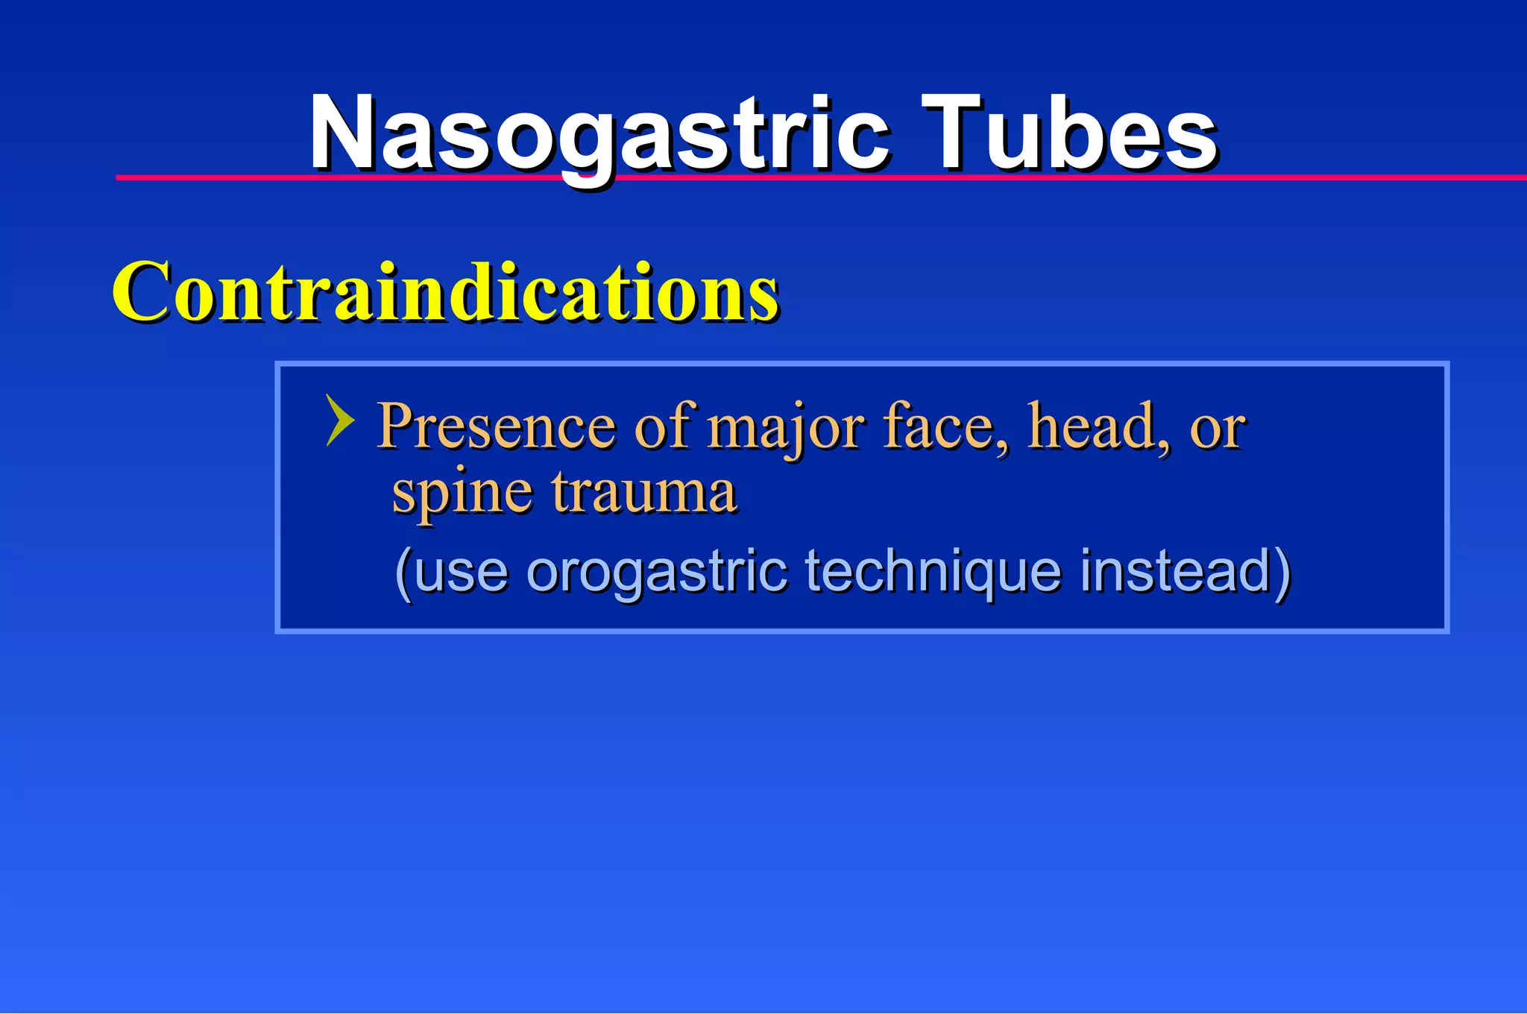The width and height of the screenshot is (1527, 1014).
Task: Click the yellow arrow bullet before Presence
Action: point(339,421)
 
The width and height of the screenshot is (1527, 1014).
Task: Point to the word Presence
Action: point(496,426)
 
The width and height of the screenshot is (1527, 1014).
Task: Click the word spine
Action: point(462,494)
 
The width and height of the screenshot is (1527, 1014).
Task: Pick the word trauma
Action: point(644,494)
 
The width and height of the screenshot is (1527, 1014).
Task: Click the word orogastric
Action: point(657,573)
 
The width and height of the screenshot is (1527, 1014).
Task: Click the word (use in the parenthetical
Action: point(452,573)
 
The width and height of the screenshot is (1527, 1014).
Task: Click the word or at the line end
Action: point(1216,429)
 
